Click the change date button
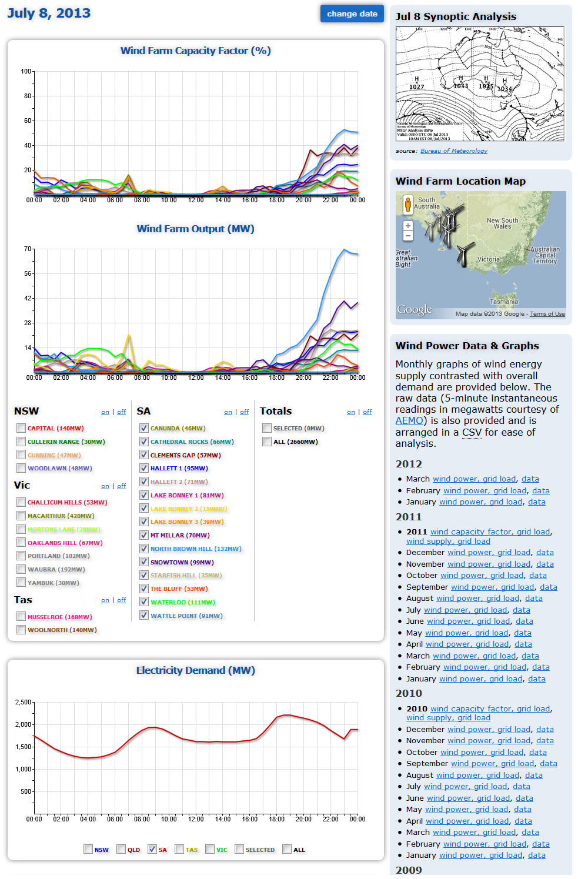pyautogui.click(x=352, y=14)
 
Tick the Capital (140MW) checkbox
pyautogui.click(x=21, y=428)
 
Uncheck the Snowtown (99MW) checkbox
pyautogui.click(x=144, y=562)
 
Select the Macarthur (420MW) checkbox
pyautogui.click(x=21, y=516)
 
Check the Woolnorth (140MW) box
pyautogui.click(x=21, y=630)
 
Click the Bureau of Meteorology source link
pyautogui.click(x=453, y=151)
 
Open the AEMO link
pyautogui.click(x=409, y=421)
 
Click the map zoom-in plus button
pyautogui.click(x=408, y=226)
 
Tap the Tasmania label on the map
pyautogui.click(x=504, y=302)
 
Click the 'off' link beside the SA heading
pyautogui.click(x=245, y=412)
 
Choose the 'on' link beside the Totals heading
pyautogui.click(x=351, y=412)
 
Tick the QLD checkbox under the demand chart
pyautogui.click(x=121, y=849)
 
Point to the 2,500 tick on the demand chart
pyautogui.click(x=24, y=702)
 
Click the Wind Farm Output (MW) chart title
pyautogui.click(x=195, y=229)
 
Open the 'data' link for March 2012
pyautogui.click(x=530, y=479)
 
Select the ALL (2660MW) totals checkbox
pyautogui.click(x=267, y=442)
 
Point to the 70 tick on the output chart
pyautogui.click(x=28, y=249)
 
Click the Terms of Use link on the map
pyautogui.click(x=547, y=314)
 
